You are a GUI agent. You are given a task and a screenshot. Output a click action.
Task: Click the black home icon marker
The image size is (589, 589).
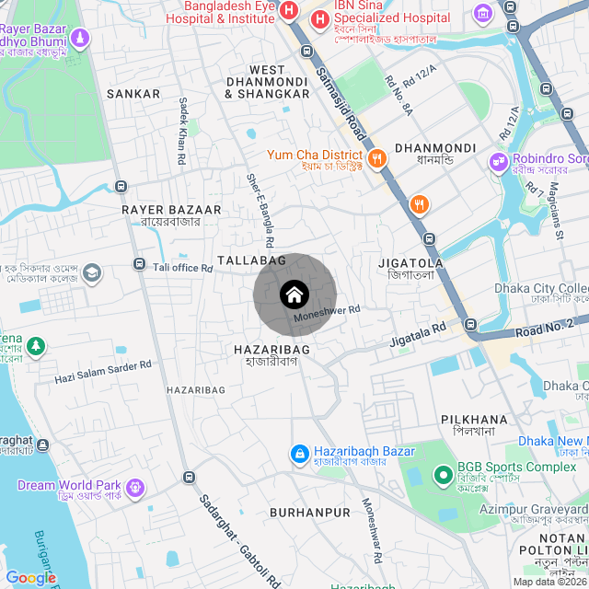(294, 294)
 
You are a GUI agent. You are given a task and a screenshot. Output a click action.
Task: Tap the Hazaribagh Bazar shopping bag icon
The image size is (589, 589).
(299, 454)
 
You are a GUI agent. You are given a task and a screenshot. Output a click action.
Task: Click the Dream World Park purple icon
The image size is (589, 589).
(136, 485)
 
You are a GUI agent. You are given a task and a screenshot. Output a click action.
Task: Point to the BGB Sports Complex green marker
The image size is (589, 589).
(442, 475)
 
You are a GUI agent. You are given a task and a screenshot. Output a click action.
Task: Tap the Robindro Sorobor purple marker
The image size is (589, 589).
(500, 160)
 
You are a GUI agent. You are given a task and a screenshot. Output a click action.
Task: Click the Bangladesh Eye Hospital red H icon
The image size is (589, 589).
(289, 11)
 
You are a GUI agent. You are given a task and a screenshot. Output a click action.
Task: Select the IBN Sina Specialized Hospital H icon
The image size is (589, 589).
(320, 17)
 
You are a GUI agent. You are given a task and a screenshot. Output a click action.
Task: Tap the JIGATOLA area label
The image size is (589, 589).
(410, 263)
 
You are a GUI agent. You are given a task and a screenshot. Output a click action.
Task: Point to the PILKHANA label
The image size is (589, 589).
(474, 419)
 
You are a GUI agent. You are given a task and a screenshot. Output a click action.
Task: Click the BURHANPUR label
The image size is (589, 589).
(310, 512)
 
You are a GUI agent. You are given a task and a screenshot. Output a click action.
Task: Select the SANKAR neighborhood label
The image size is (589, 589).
(133, 94)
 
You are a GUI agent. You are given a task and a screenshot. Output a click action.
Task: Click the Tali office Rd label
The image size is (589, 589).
(183, 268)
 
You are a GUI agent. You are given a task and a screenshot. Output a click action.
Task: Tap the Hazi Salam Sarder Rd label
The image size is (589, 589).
(103, 372)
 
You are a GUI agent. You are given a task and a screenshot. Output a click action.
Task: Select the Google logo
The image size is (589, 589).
(30, 578)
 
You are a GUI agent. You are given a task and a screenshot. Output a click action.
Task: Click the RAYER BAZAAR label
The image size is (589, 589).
(171, 210)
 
